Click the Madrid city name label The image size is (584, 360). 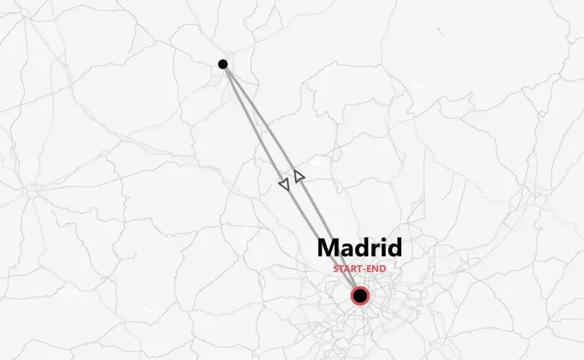pyautogui.click(x=359, y=249)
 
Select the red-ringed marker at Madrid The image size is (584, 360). pyautogui.click(x=360, y=297)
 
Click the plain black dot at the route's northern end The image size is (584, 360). pyautogui.click(x=223, y=64)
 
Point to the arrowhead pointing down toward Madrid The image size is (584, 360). pyautogui.click(x=284, y=183)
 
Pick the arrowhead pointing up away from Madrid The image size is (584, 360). pyautogui.click(x=298, y=176)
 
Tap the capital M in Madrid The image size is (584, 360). pyautogui.click(x=329, y=249)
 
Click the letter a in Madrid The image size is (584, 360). pyautogui.click(x=347, y=250)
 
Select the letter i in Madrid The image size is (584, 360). pyautogui.click(x=382, y=248)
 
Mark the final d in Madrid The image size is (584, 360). pyautogui.click(x=394, y=249)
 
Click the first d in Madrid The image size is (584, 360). pyautogui.click(x=362, y=249)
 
